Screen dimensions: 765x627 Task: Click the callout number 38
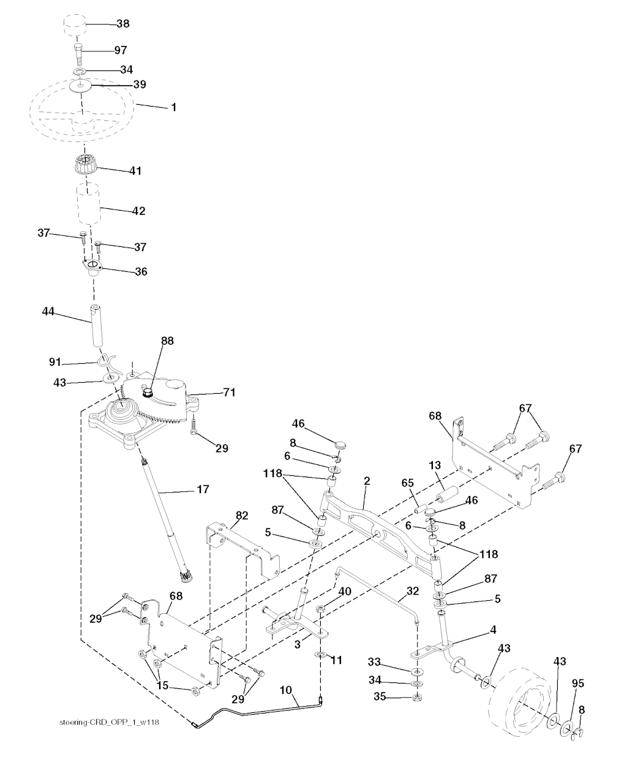point(122,23)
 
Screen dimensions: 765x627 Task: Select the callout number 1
point(173,107)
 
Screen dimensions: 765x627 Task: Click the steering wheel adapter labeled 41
point(85,166)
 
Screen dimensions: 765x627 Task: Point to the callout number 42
point(138,211)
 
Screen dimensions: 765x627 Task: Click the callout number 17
point(203,489)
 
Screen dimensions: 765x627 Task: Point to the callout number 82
point(242,516)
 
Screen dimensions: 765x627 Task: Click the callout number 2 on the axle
point(366,482)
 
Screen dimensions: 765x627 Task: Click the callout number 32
point(412,592)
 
